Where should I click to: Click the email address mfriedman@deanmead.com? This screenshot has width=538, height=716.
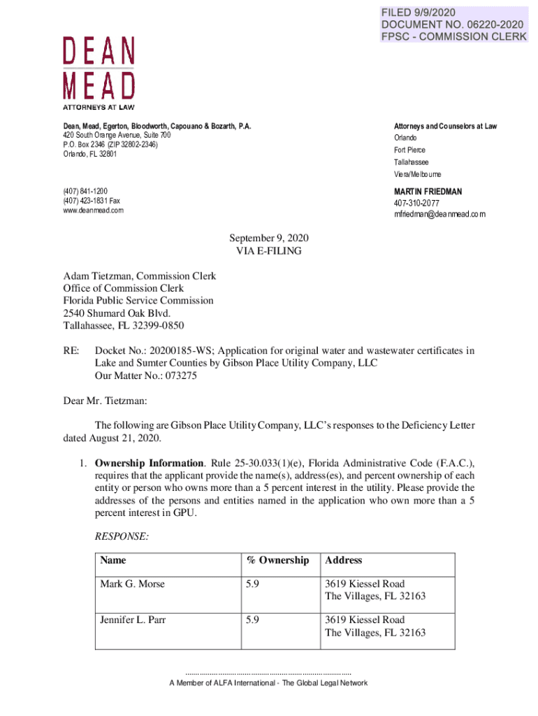tap(439, 215)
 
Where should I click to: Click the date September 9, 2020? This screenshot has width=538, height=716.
tap(269, 238)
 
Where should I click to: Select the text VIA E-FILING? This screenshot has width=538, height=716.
tap(269, 250)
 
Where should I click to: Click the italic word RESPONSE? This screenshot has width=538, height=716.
tap(119, 537)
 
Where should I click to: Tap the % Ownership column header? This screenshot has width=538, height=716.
tap(277, 560)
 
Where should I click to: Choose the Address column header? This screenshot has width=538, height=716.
tap(343, 560)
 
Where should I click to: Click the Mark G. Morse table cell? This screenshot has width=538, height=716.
tap(132, 584)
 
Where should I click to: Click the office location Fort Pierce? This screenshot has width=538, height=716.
tap(409, 150)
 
